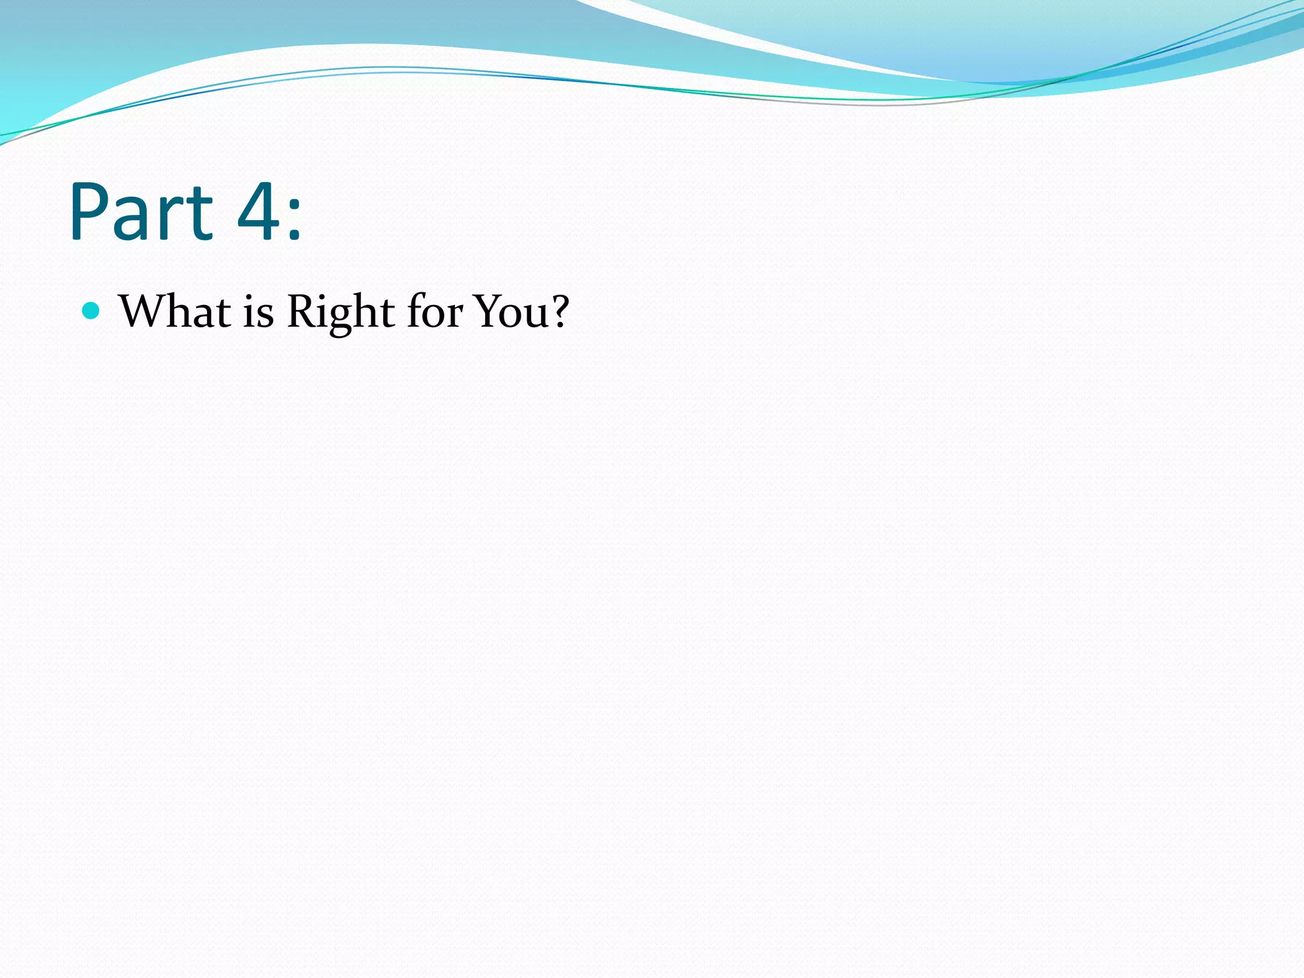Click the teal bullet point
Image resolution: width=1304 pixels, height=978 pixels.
pyautogui.click(x=92, y=311)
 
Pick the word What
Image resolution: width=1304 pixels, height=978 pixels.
pyautogui.click(x=175, y=311)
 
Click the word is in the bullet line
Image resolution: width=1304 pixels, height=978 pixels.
pyautogui.click(x=258, y=313)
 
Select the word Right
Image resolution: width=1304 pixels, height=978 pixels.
pyautogui.click(x=341, y=313)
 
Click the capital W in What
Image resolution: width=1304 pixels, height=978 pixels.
pyautogui.click(x=143, y=311)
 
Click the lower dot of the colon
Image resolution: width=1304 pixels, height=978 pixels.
pyautogui.click(x=294, y=236)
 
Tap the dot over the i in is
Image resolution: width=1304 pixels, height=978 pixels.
pyautogui.click(x=249, y=297)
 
